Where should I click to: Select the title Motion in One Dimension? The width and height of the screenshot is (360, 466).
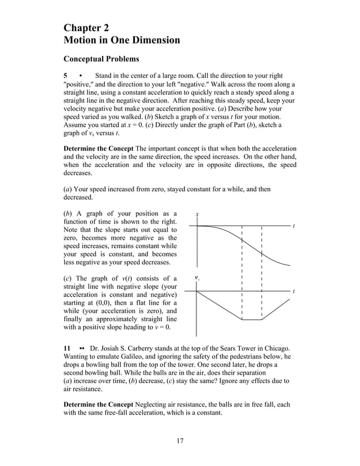122,40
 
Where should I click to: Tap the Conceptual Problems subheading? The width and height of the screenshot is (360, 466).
101,59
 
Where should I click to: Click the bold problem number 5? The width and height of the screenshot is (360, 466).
65,76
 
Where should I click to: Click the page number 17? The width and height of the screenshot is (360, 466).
179,441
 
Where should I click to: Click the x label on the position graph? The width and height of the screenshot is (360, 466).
197,215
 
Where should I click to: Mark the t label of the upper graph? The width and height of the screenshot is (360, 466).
293,226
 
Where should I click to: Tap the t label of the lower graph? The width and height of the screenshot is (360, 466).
293,292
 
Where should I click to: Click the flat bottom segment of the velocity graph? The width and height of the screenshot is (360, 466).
252,320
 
